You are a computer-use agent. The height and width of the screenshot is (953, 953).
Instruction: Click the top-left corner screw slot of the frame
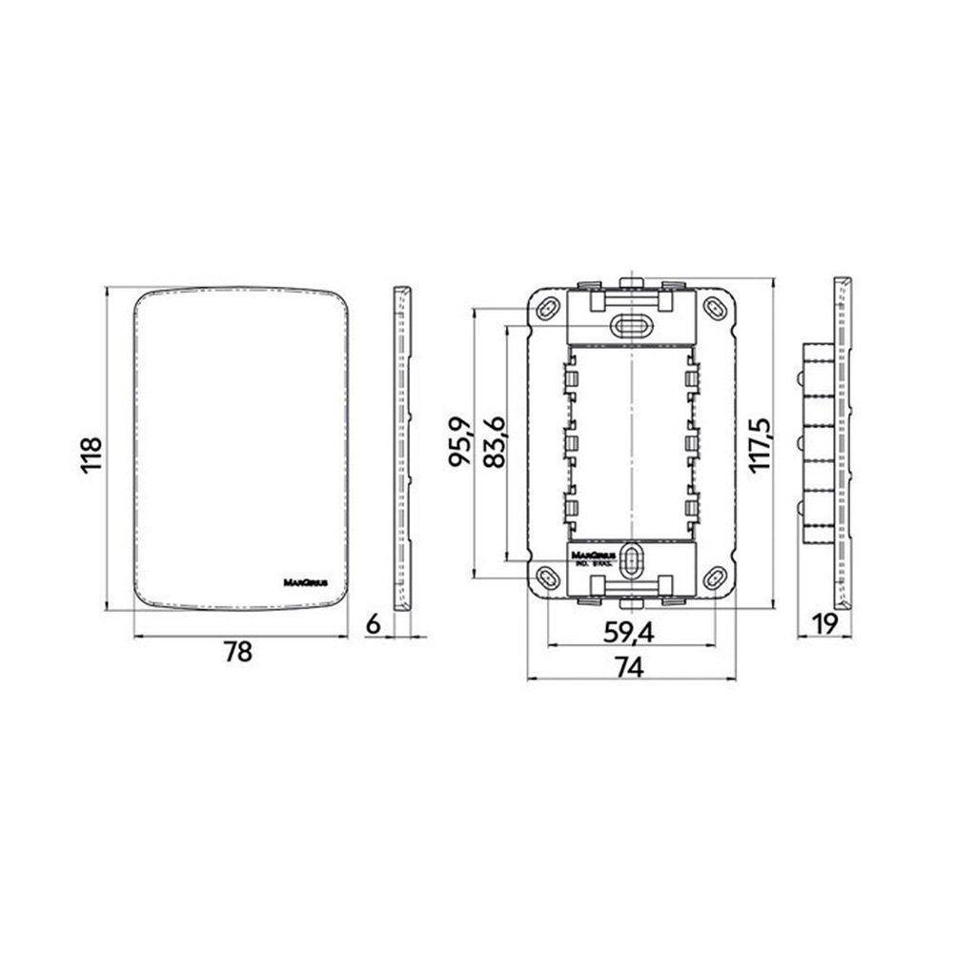(x=548, y=309)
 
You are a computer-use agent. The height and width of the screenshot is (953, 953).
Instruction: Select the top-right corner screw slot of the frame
(x=713, y=309)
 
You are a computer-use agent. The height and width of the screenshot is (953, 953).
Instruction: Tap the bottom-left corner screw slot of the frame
(x=548, y=576)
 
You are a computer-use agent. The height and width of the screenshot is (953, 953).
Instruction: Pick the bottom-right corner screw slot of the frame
(x=713, y=576)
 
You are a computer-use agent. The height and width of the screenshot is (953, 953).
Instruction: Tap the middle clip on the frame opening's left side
(x=574, y=441)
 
